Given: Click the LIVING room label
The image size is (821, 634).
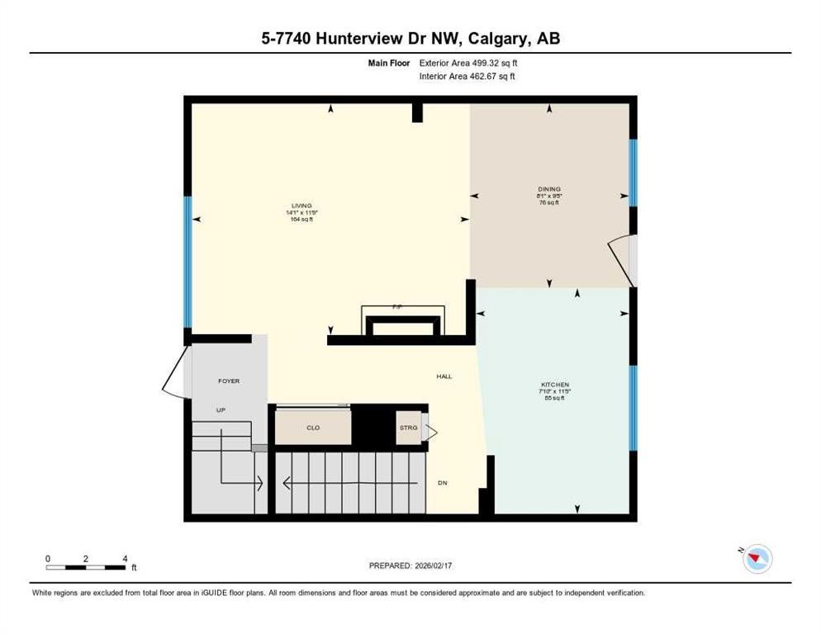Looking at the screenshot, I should [x=301, y=206].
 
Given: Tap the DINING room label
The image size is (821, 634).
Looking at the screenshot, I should [x=548, y=189].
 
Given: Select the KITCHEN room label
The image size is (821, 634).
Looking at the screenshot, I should [x=555, y=386].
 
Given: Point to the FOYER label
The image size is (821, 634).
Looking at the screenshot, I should [x=228, y=381].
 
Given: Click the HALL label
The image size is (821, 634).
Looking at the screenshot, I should [x=444, y=376].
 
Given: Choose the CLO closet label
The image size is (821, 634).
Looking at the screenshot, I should [x=313, y=428].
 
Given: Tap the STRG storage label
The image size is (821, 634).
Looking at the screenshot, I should [x=408, y=428].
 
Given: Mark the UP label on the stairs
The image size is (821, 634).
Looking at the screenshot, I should [x=221, y=410].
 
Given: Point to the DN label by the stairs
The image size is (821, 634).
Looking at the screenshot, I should [x=442, y=483].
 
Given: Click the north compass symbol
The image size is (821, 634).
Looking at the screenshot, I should [x=757, y=559].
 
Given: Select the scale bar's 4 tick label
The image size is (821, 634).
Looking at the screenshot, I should [x=125, y=559].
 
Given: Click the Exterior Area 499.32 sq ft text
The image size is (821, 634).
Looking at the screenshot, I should [x=468, y=63].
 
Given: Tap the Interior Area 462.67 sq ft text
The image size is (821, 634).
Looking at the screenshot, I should [x=468, y=77].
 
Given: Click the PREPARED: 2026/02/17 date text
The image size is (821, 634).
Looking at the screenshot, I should [x=411, y=565].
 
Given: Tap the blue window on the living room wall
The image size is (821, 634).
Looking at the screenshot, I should [x=187, y=262].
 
